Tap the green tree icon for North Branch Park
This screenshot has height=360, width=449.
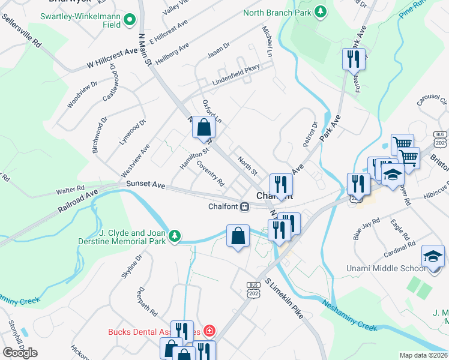coord(321,12)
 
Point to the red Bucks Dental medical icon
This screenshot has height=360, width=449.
coord(209,331)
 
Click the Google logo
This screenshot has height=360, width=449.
coord(20,353)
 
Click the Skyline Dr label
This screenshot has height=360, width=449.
coord(131,266)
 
